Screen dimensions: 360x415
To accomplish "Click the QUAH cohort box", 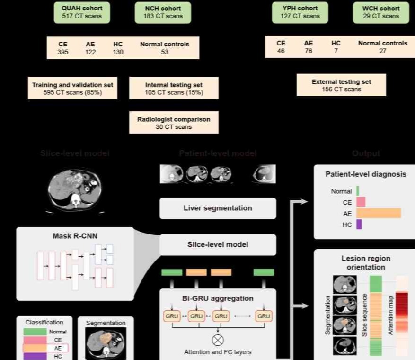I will point(81,12).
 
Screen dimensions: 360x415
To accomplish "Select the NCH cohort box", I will point(163,12).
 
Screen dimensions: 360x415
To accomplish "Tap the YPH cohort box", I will point(300,12).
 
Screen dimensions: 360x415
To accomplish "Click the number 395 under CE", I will point(63,52).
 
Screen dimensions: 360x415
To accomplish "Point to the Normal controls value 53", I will point(164,52).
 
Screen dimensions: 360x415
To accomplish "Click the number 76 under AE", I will point(309,51).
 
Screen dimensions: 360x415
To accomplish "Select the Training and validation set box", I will point(72,89).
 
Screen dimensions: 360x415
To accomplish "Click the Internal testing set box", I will point(174,89).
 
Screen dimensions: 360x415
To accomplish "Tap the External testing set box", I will point(341,85).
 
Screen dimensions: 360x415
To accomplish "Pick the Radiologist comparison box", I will point(174,123).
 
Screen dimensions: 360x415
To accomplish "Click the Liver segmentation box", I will point(218,208).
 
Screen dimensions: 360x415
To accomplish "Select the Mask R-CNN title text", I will point(69,235).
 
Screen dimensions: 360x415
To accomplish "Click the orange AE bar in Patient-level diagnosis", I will point(378,213).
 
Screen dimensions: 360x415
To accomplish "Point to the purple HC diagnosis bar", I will point(359,225).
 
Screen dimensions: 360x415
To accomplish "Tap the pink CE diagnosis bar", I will point(361,202).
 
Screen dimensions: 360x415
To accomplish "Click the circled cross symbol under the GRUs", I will point(218,340).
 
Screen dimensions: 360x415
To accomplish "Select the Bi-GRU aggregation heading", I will point(218,298).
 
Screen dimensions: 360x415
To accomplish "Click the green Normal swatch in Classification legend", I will point(35,332).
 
